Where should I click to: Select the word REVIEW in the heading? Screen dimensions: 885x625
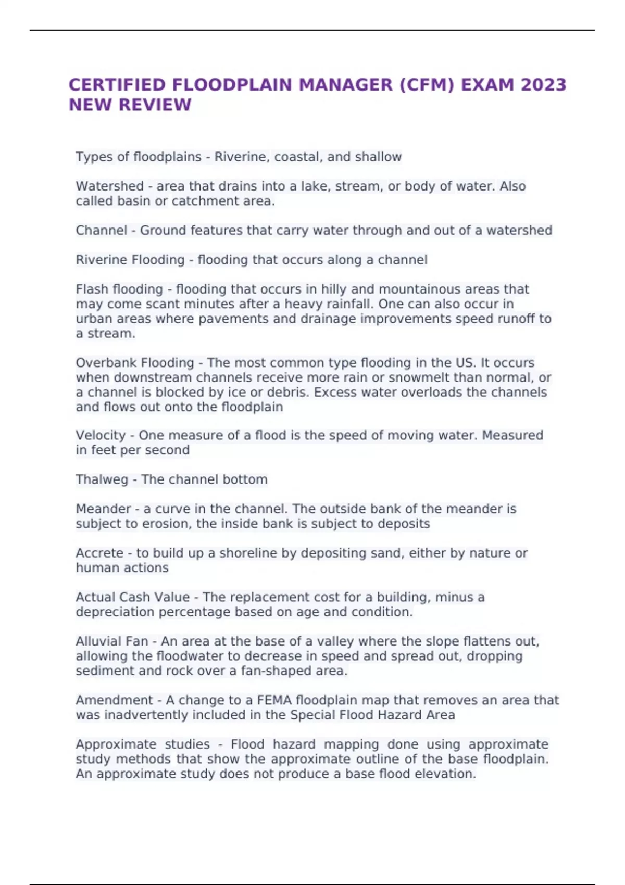pos(155,105)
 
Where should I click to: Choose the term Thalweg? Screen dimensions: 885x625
pos(102,479)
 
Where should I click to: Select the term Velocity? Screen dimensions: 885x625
pos(101,435)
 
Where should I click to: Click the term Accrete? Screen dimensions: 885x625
pos(99,553)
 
